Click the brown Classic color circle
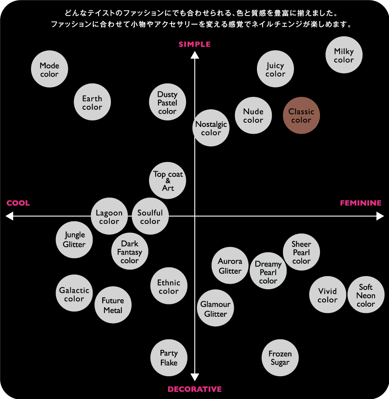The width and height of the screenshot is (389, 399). [301, 115]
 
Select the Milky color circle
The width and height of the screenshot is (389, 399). [344, 55]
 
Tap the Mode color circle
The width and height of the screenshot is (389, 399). [49, 69]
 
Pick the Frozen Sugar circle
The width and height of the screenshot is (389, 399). [280, 358]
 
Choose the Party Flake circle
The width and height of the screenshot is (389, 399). [169, 358]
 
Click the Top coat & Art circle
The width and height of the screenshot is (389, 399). [168, 180]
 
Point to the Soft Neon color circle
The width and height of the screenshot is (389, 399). [366, 295]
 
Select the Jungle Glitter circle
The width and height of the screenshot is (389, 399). [74, 240]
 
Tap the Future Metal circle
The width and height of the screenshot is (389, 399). [113, 305]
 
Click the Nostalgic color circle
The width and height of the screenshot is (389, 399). [211, 128]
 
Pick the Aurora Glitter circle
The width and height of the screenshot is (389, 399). [230, 265]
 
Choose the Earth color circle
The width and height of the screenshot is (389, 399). [92, 102]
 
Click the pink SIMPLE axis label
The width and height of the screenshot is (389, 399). [195, 44]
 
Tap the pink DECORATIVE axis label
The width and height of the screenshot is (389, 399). [195, 389]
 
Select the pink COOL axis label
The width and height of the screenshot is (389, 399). [18, 203]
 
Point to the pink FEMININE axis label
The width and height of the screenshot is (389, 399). [361, 203]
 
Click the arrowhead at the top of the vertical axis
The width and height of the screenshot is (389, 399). [195, 55]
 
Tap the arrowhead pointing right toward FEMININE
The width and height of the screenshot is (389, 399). [380, 216]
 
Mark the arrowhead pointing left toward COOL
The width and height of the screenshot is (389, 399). [9, 216]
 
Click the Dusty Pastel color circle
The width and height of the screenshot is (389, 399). [168, 102]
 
